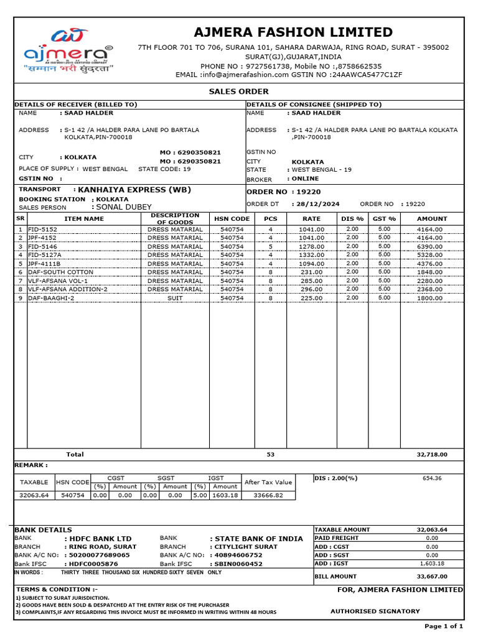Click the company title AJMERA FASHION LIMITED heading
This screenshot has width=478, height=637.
tap(293, 32)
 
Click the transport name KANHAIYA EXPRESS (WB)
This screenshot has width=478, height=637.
tap(132, 190)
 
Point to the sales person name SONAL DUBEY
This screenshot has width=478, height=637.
tap(121, 207)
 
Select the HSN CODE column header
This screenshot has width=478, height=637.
tap(232, 219)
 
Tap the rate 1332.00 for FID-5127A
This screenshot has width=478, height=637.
tap(311, 255)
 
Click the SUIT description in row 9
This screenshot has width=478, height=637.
tap(175, 298)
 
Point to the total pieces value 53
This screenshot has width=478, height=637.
tap(270, 455)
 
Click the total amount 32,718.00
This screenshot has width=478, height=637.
tap(431, 455)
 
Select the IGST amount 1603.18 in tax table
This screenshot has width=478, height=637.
tap(225, 495)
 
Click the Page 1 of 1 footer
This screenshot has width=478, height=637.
tap(444, 626)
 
